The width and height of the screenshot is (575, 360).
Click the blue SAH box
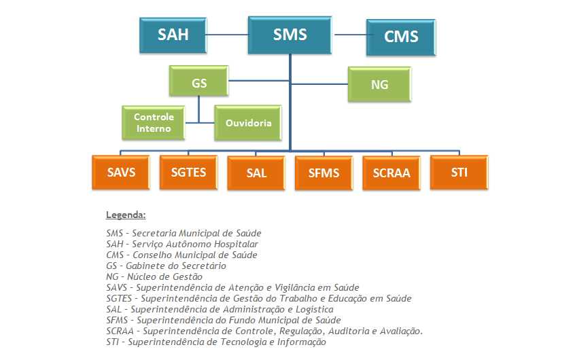point(173,35)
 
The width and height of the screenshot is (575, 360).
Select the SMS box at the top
point(290,35)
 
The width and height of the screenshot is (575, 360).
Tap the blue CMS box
point(401,37)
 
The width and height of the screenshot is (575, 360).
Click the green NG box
point(379,84)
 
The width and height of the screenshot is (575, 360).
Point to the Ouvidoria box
point(248,123)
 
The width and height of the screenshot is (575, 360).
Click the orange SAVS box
point(121,173)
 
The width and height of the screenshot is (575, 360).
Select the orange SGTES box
point(188,173)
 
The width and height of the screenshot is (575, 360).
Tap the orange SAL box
point(256,173)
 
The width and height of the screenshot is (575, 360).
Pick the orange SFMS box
point(324,173)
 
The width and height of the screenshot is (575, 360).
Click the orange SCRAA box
point(391,173)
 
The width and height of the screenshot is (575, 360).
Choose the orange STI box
point(459,173)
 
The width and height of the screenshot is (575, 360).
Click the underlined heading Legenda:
point(126,215)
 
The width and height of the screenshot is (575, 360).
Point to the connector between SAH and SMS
point(227,33)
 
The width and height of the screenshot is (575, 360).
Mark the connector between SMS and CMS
point(349,33)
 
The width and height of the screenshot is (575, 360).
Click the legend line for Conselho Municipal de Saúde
point(181,255)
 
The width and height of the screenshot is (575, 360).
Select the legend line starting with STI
point(216,342)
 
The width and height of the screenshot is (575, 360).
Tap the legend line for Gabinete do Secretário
point(166,266)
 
